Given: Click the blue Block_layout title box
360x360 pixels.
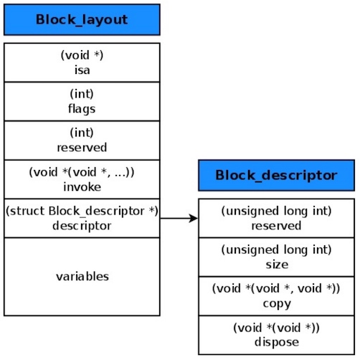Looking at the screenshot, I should (82, 19).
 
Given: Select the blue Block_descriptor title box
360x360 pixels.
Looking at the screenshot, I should (276, 175).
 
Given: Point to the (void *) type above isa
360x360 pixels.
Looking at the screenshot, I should (82, 55).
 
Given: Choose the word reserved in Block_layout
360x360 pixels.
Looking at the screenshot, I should (82, 147).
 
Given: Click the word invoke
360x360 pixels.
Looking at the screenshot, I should (82, 186).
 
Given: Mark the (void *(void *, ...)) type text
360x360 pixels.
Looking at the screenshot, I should (82, 172).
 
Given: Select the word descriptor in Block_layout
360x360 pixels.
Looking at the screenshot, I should (82, 224).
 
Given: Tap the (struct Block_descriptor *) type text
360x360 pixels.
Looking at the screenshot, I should (82, 212).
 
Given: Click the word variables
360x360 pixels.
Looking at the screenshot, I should (82, 276).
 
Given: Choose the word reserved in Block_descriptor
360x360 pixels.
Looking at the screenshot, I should (277, 225).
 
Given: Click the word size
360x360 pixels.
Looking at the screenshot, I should (277, 264).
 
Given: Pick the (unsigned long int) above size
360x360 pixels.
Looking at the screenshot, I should (277, 250).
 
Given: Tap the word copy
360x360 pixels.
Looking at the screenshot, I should (277, 303).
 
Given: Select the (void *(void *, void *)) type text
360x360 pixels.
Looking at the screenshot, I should (277, 289).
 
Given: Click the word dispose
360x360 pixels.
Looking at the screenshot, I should (277, 341).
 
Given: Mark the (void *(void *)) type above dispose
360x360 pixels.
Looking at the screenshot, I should (277, 328).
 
